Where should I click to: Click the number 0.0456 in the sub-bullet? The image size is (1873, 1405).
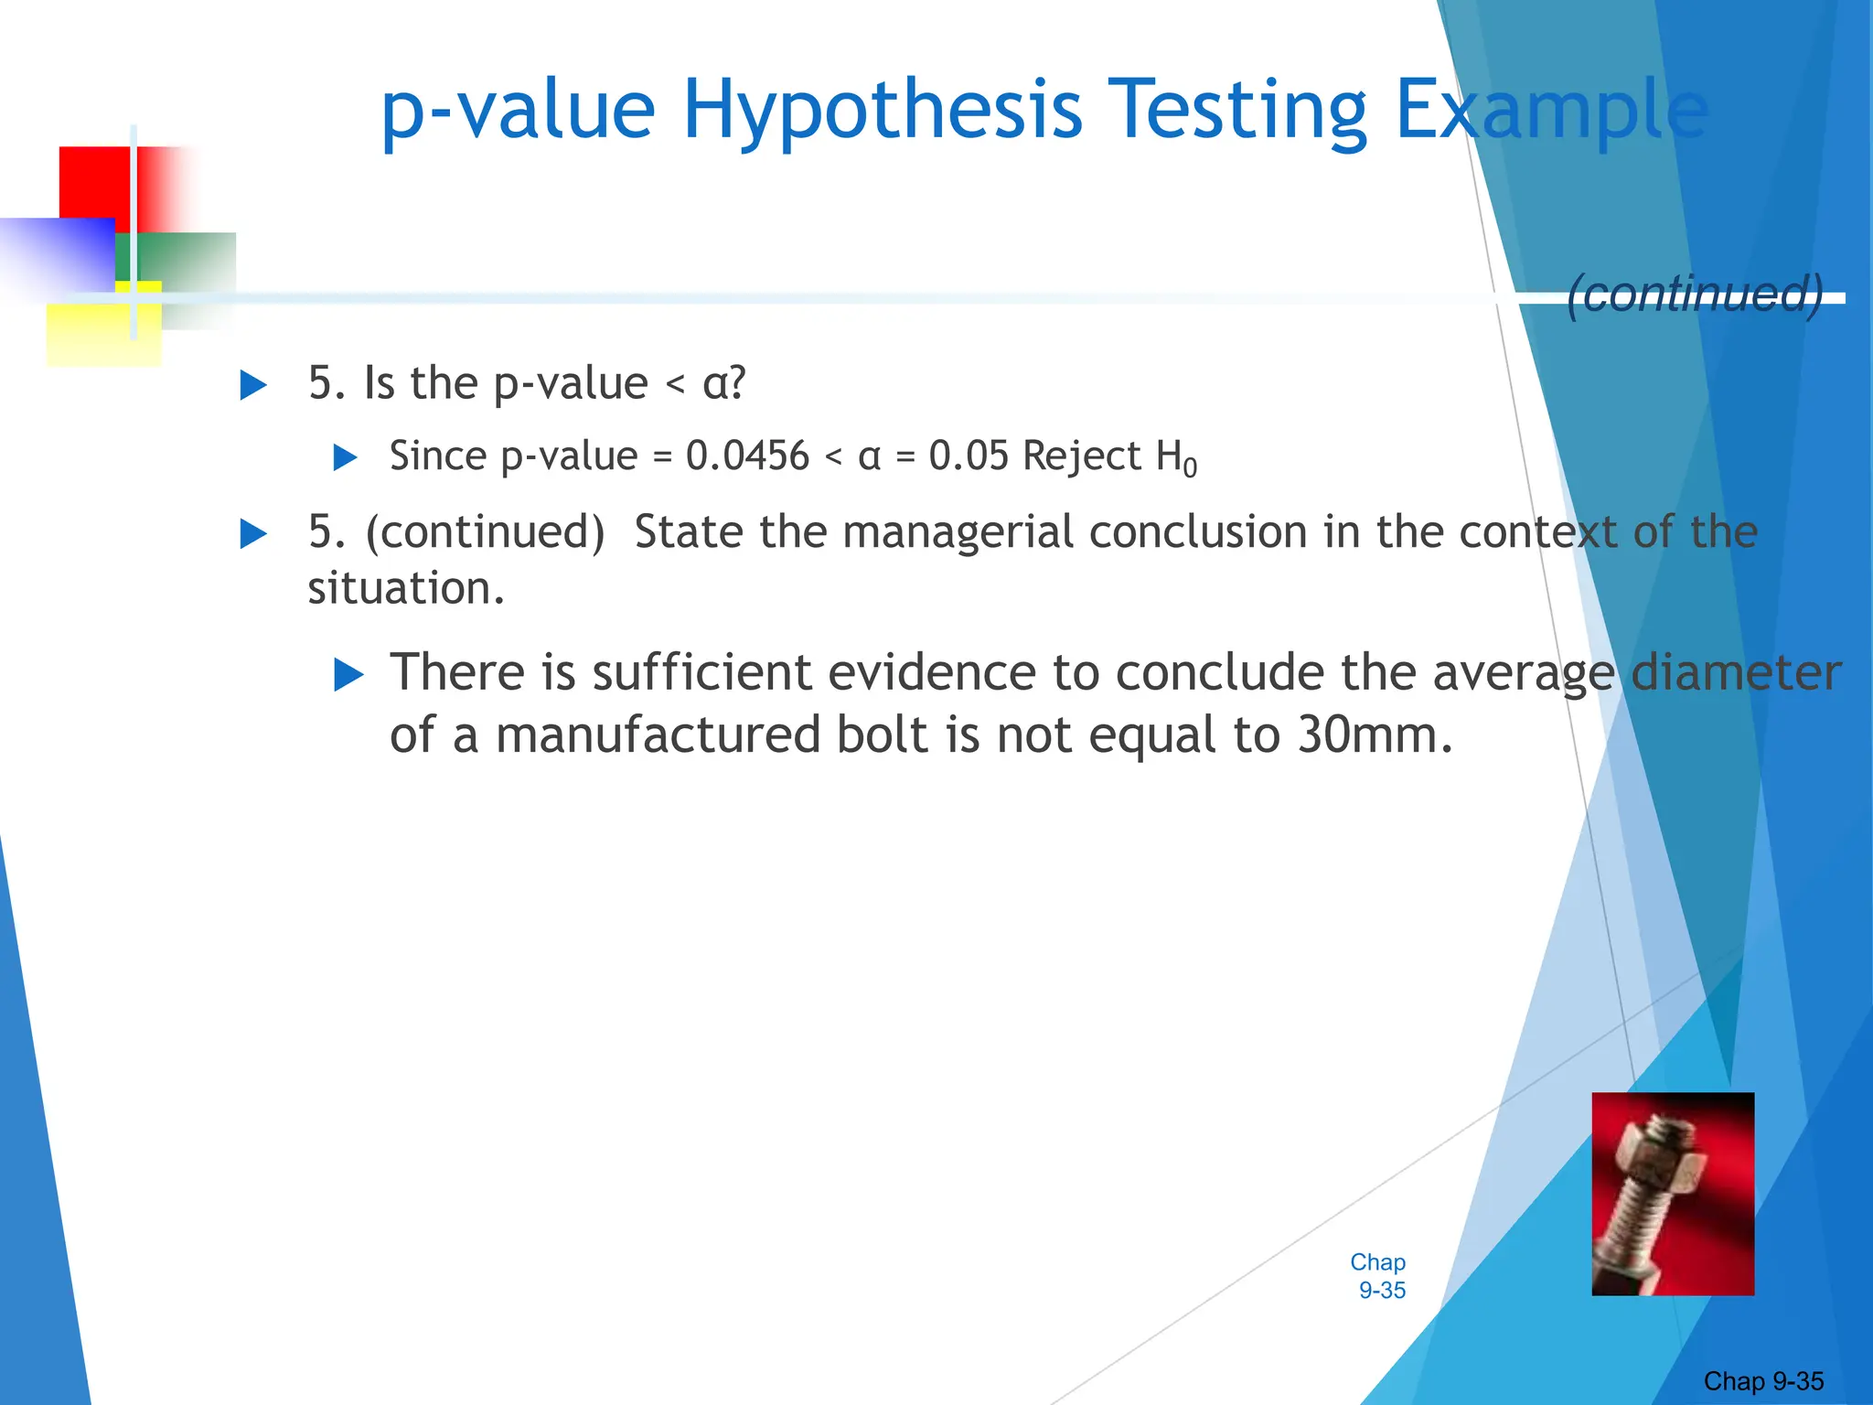pyautogui.click(x=747, y=456)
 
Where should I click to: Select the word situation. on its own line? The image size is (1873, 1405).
pyautogui.click(x=406, y=588)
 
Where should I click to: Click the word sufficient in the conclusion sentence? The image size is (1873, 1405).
pyautogui.click(x=701, y=672)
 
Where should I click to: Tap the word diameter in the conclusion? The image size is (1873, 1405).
pyautogui.click(x=1736, y=672)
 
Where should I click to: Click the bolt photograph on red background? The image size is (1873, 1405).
pyautogui.click(x=1672, y=1193)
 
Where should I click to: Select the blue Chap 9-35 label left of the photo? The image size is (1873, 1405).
pyautogui.click(x=1379, y=1276)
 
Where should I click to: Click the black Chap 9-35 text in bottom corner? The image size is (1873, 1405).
pyautogui.click(x=1762, y=1381)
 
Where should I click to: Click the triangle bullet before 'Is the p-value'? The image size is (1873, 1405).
pyautogui.click(x=253, y=385)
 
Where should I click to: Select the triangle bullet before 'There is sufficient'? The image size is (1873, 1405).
pyautogui.click(x=348, y=675)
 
